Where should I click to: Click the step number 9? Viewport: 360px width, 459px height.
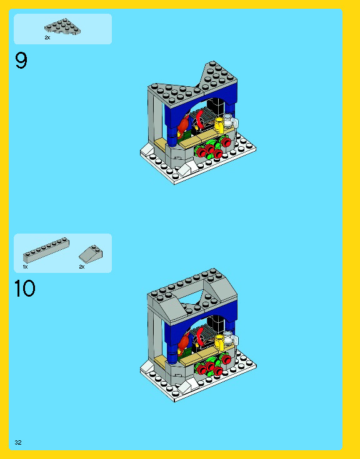pos(21,61)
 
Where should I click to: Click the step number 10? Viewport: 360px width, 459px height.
pos(24,289)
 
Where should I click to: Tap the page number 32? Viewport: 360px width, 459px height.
pos(18,442)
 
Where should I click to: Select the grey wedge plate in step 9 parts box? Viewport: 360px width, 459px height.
pos(62,27)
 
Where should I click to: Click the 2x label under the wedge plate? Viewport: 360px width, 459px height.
pos(47,37)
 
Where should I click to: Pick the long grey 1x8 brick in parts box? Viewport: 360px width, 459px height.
pos(46,250)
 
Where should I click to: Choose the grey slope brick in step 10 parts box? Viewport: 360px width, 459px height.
pos(91,254)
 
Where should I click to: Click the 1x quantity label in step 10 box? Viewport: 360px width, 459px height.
pos(25,267)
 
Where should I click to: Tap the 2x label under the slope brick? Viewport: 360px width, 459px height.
pos(82,267)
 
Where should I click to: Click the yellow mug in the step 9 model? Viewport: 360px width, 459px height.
pos(219,124)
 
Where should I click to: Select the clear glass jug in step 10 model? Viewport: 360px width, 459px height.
pos(230,338)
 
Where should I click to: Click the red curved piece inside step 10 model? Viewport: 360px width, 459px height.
pos(201,336)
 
